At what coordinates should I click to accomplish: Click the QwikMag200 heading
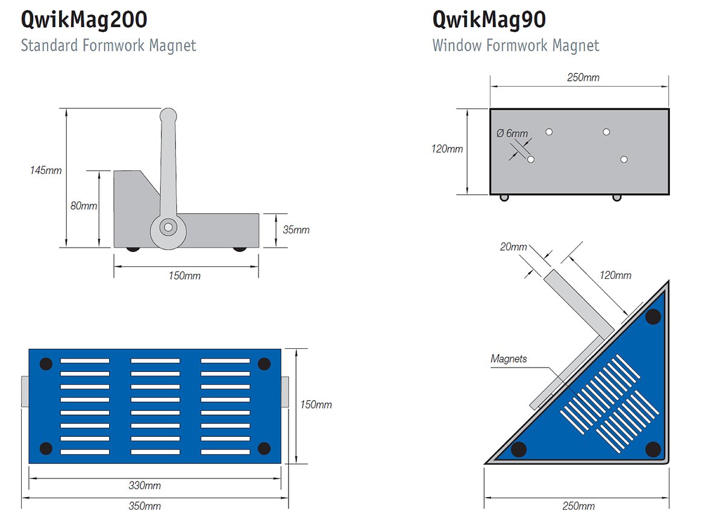84,20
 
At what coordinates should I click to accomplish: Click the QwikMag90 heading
489,20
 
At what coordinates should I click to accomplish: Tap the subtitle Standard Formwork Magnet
108,45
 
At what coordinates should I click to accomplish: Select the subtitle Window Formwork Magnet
516,45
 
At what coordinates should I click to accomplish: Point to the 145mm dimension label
46,170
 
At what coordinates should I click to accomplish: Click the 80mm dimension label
84,205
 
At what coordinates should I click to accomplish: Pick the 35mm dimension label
296,230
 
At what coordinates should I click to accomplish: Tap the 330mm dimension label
145,486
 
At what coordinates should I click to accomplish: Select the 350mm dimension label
145,506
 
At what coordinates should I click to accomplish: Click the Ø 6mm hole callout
512,133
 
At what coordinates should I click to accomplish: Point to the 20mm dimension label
513,247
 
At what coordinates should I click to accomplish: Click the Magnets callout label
509,358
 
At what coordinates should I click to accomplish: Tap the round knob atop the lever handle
168,116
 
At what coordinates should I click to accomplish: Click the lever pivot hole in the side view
168,227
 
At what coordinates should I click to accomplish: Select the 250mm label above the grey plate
583,78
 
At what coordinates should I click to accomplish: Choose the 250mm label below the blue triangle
578,506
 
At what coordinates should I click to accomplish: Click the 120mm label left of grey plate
447,149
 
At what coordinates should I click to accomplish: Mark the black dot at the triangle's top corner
653,316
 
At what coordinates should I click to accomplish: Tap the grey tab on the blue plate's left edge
25,391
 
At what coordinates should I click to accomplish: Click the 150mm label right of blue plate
316,405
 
